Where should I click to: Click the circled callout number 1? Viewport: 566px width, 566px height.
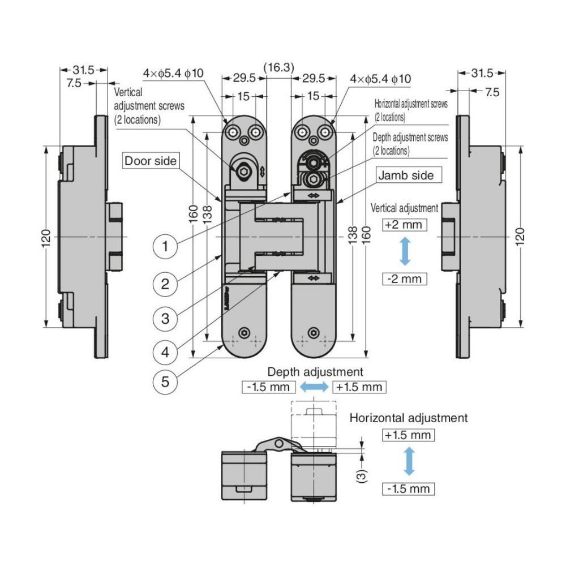pyautogui.click(x=165, y=246)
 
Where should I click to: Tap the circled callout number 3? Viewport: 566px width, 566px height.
pyautogui.click(x=165, y=318)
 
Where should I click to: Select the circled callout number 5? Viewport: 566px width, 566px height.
pyautogui.click(x=165, y=381)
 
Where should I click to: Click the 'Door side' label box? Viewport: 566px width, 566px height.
pyautogui.click(x=151, y=161)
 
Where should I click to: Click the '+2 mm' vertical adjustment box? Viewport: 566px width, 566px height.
pyautogui.click(x=404, y=225)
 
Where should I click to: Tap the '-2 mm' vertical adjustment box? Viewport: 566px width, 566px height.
pyautogui.click(x=404, y=278)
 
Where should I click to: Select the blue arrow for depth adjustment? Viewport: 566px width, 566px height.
pyautogui.click(x=314, y=387)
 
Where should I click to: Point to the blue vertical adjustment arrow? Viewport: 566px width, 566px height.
pyautogui.click(x=405, y=251)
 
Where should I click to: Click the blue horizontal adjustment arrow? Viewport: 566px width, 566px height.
pyautogui.click(x=409, y=461)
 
